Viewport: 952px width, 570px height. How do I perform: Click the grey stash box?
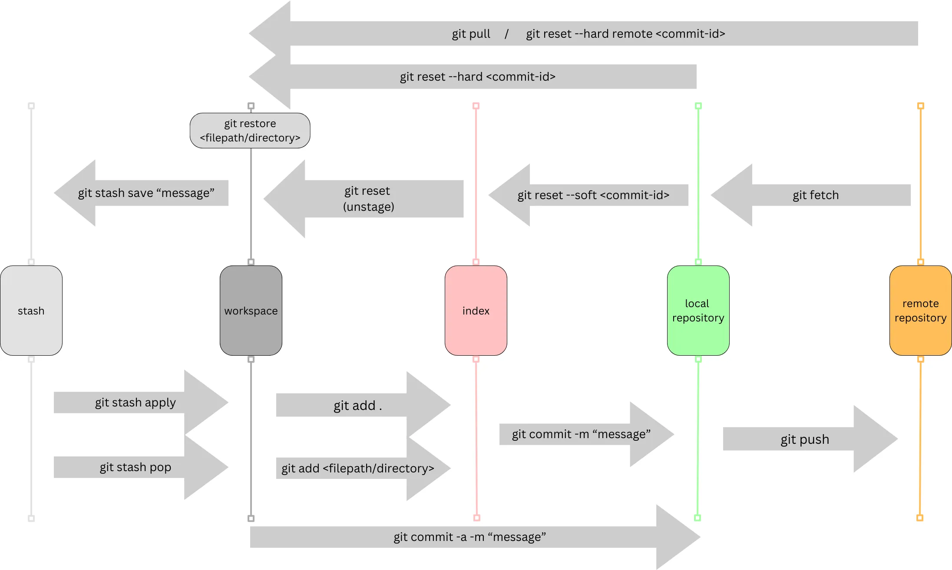pyautogui.click(x=31, y=311)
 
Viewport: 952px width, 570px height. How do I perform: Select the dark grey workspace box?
pyautogui.click(x=251, y=311)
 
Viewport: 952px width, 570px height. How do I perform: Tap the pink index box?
pyautogui.click(x=476, y=311)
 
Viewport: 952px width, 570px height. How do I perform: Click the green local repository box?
pyautogui.click(x=698, y=311)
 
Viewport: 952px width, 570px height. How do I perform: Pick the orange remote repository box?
pyautogui.click(x=920, y=311)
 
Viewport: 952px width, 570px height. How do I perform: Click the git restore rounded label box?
pyautogui.click(x=250, y=131)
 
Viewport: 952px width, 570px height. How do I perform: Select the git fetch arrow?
pyautogui.click(x=815, y=195)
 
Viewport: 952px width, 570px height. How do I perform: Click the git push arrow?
pyautogui.click(x=805, y=439)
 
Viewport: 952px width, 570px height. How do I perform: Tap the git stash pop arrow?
pyautogui.click(x=136, y=467)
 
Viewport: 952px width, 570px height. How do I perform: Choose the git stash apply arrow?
pyautogui.click(x=136, y=403)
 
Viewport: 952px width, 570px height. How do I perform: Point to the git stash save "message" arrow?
pyautogui.click(x=146, y=193)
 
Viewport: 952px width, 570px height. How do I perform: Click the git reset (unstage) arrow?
pyautogui.click(x=368, y=199)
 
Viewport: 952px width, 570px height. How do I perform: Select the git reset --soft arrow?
pyautogui.click(x=593, y=195)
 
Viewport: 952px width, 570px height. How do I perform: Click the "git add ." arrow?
pyautogui.click(x=358, y=405)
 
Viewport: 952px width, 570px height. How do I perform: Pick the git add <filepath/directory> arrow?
pyautogui.click(x=358, y=468)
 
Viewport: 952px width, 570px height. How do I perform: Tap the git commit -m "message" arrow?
pyautogui.click(x=581, y=434)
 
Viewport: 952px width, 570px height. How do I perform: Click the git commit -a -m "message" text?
pyautogui.click(x=469, y=537)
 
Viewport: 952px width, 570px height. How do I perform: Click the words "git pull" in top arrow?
pyautogui.click(x=471, y=34)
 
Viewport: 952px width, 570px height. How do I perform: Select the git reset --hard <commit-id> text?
pyautogui.click(x=478, y=77)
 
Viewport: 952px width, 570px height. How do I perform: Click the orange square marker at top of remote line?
pyautogui.click(x=920, y=106)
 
